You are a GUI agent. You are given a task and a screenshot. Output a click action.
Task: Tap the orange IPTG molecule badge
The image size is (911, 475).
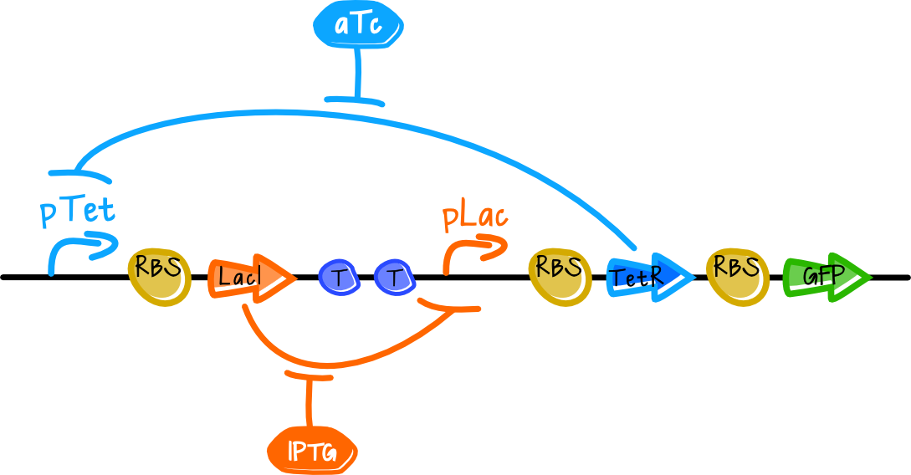pyautogui.click(x=312, y=452)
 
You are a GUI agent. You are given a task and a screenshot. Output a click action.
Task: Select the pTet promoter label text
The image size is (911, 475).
pyautogui.click(x=78, y=210)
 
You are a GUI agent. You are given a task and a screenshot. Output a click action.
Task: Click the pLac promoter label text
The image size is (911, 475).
pyautogui.click(x=475, y=217)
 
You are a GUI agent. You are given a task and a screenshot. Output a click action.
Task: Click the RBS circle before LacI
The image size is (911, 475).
pyautogui.click(x=159, y=277)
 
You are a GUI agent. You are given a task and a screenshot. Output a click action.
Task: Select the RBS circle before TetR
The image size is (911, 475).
pyautogui.click(x=560, y=277)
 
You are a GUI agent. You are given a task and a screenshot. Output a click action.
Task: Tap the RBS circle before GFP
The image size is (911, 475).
pyautogui.click(x=738, y=277)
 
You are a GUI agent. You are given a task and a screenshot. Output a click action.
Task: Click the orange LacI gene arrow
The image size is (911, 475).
pyautogui.click(x=251, y=278)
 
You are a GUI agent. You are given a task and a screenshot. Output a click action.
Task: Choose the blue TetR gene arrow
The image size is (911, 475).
pyautogui.click(x=649, y=278)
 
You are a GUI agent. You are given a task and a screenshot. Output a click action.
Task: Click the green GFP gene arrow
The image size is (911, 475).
pyautogui.click(x=827, y=278)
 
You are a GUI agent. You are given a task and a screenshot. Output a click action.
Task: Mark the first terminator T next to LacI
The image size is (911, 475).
pyautogui.click(x=340, y=278)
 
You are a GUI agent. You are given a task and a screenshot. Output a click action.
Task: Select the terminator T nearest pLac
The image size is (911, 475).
pyautogui.click(x=395, y=278)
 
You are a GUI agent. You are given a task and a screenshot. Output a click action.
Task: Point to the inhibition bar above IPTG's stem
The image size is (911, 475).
pyautogui.click(x=309, y=375)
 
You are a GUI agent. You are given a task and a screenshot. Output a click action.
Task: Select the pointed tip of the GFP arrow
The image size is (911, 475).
pyautogui.click(x=872, y=278)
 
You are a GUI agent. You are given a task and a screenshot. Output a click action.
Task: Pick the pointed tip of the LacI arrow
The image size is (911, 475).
pyautogui.click(x=296, y=278)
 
